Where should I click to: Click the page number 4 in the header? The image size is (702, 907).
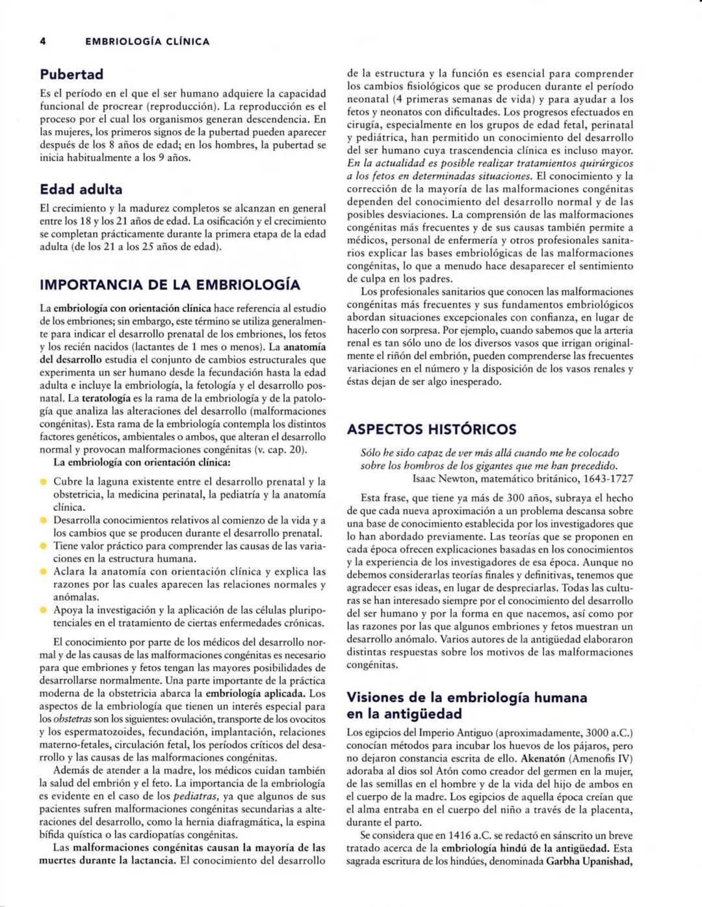42,42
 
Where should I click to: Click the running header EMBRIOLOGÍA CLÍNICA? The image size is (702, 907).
148,42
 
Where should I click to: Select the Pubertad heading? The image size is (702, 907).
71,74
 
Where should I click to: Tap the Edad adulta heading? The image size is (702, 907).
81,190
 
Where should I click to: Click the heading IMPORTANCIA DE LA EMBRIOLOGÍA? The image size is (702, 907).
170,285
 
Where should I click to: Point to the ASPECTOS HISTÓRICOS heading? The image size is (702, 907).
432,429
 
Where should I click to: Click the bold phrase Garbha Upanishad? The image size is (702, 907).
589,861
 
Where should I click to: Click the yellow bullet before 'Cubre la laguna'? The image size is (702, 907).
44,482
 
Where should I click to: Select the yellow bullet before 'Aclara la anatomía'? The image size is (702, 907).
44,572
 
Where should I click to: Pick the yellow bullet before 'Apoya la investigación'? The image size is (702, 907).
44,611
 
